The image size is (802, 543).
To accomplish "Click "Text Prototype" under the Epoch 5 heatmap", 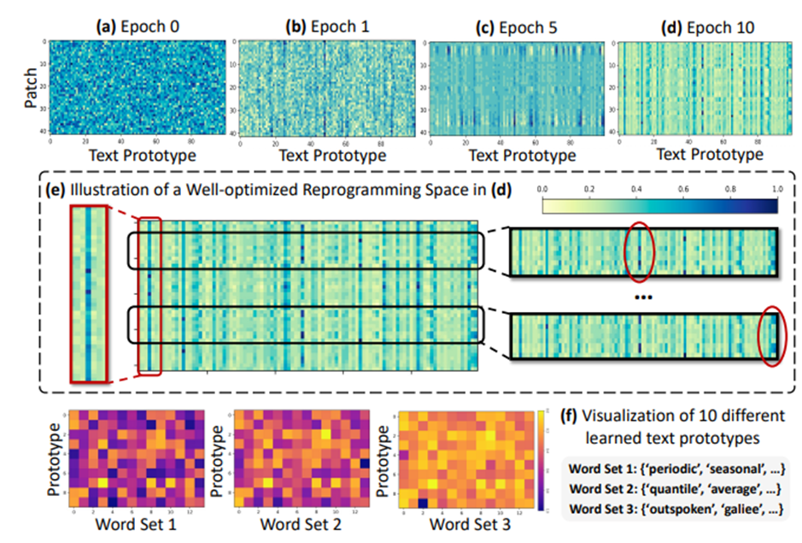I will point(518,156).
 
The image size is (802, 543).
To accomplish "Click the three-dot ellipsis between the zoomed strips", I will point(642,296).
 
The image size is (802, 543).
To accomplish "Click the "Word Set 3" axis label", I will point(466,523).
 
